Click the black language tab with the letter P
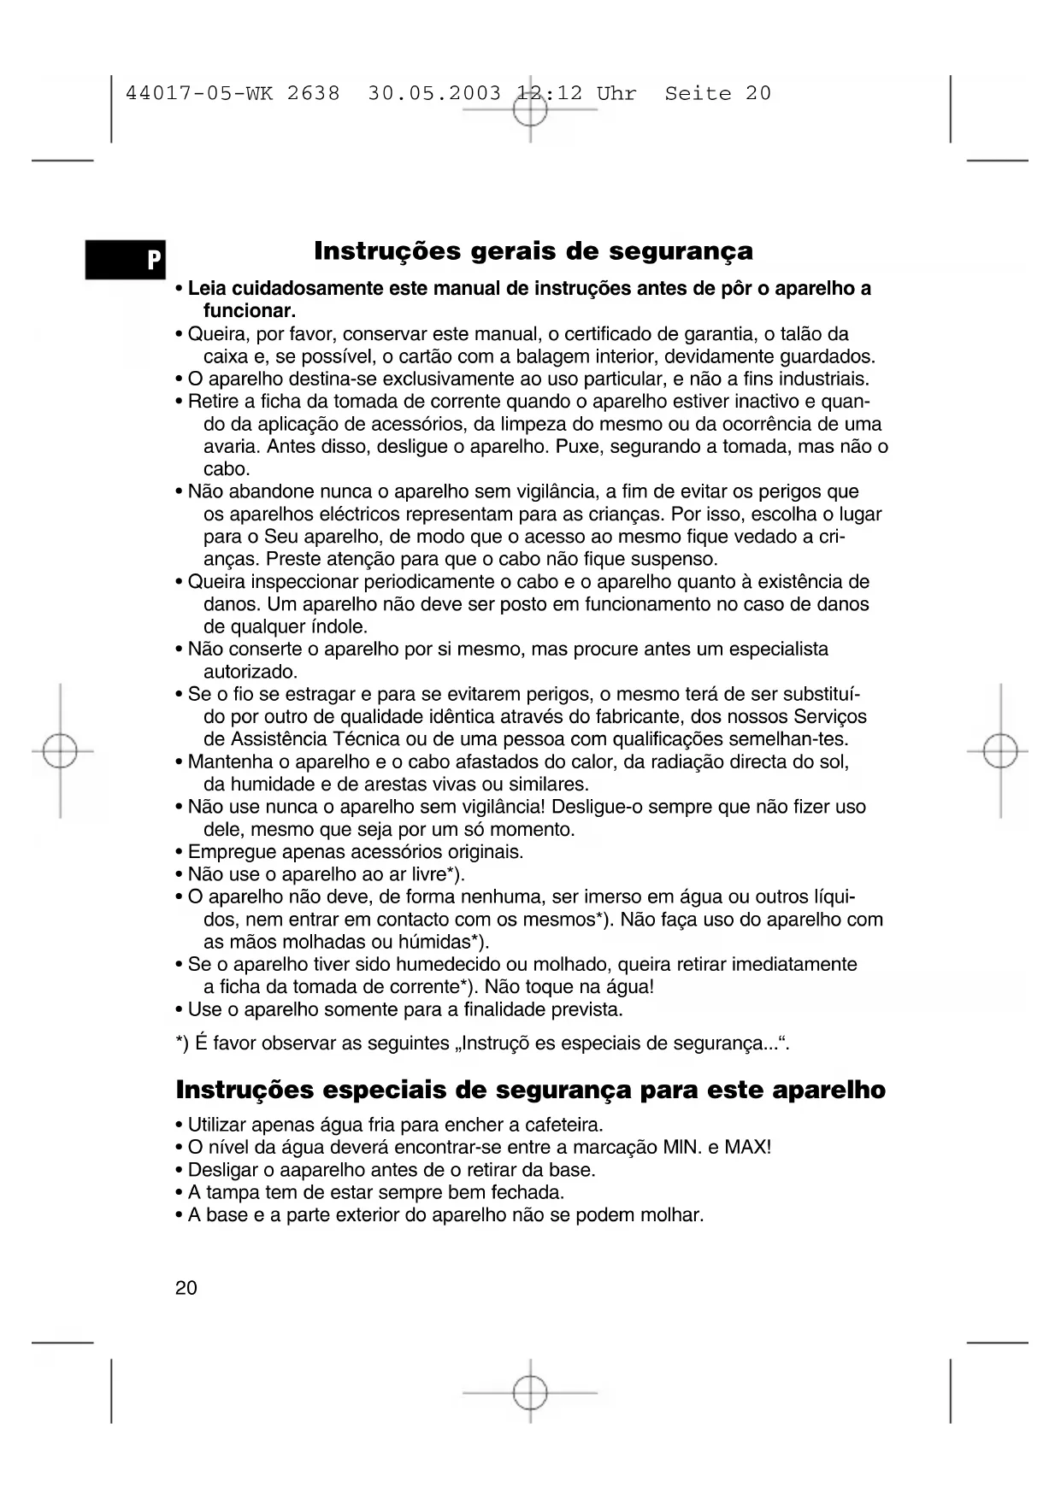pos(125,259)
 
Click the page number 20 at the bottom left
pos(186,1288)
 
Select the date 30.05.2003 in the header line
pos(434,93)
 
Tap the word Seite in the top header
pos(698,93)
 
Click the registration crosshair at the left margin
pos(60,752)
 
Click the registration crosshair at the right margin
pos(1000,752)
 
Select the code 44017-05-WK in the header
pos(199,93)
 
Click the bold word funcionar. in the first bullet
pos(249,311)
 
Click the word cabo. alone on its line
pos(227,469)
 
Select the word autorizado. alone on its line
pos(251,672)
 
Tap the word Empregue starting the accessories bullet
pos(232,852)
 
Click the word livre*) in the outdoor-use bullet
pos(438,874)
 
